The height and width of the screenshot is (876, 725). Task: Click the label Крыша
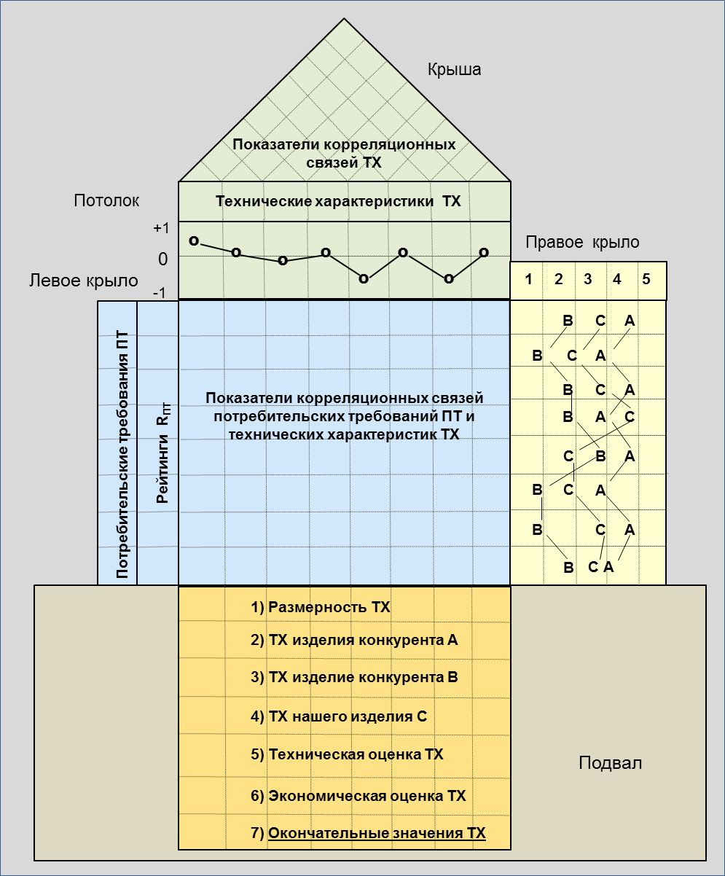[454, 70]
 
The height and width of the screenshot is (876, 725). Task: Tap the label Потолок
[106, 201]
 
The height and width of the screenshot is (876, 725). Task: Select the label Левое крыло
[83, 281]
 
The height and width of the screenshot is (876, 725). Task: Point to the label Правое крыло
[582, 243]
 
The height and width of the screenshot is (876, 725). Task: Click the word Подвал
[611, 763]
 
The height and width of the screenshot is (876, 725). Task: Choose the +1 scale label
[160, 228]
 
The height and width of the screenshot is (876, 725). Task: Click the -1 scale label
[160, 292]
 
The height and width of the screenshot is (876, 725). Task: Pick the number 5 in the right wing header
[646, 281]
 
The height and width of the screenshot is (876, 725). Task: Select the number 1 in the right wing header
[529, 281]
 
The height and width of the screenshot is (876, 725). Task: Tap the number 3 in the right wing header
[587, 281]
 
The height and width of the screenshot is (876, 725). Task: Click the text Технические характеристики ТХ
[338, 201]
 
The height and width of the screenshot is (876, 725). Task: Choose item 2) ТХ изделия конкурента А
[354, 641]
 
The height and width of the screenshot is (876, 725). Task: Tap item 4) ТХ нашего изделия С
[338, 716]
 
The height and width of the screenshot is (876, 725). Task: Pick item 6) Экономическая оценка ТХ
[358, 795]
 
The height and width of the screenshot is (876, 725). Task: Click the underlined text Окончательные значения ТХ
[377, 833]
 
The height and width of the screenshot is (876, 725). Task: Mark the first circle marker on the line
[194, 240]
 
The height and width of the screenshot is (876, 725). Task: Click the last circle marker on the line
[484, 253]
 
